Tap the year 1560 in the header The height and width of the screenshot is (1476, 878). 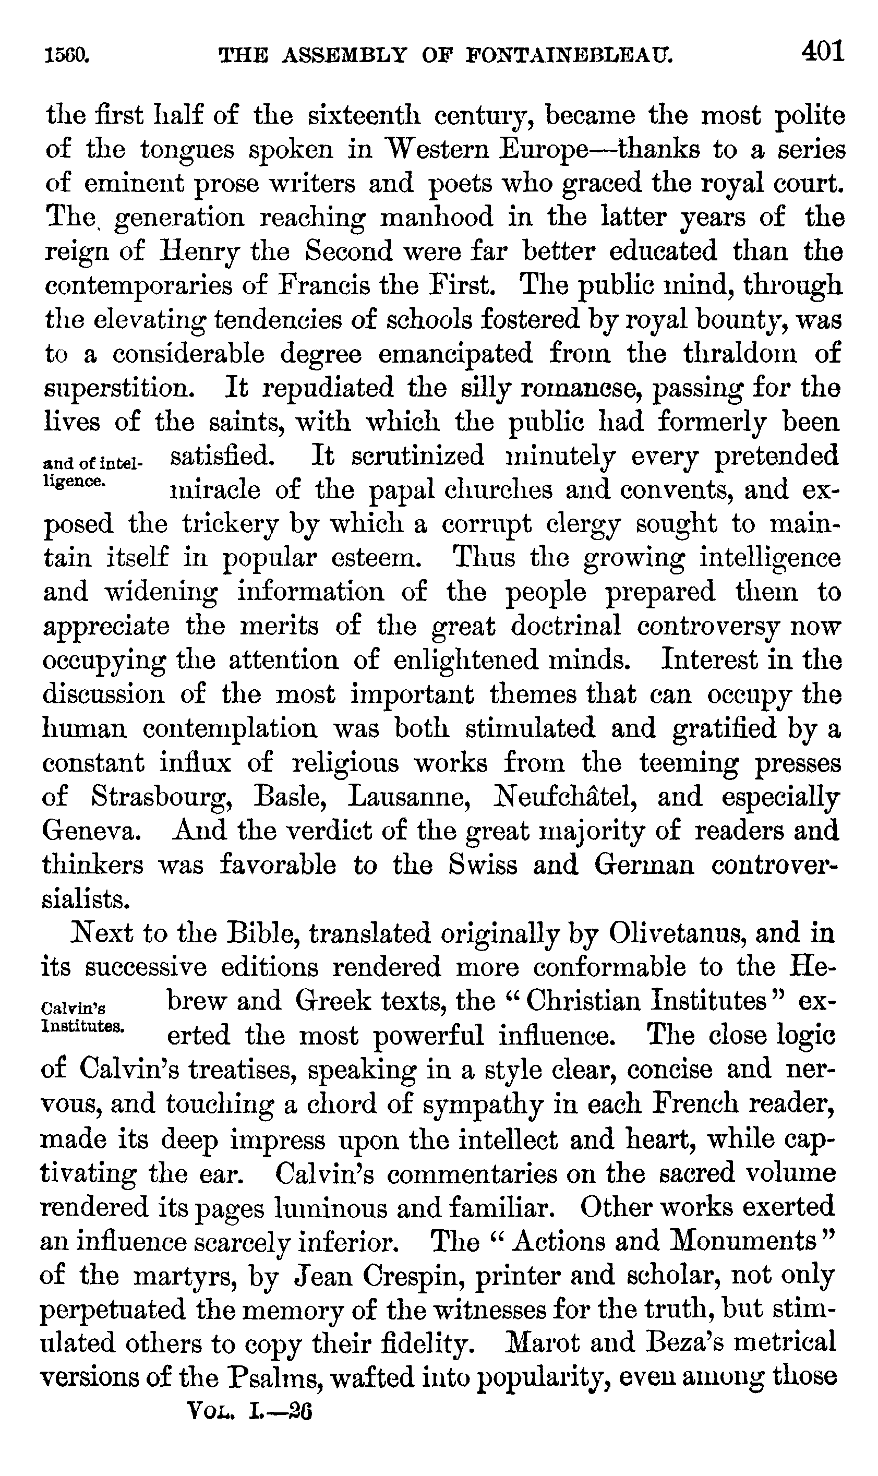pyautogui.click(x=67, y=56)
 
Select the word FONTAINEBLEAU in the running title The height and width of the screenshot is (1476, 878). pyautogui.click(x=569, y=56)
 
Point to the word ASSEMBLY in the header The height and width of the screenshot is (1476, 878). pyautogui.click(x=345, y=56)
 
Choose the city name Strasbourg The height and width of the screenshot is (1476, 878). pyautogui.click(x=160, y=797)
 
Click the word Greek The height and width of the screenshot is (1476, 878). pyautogui.click(x=331, y=1002)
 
